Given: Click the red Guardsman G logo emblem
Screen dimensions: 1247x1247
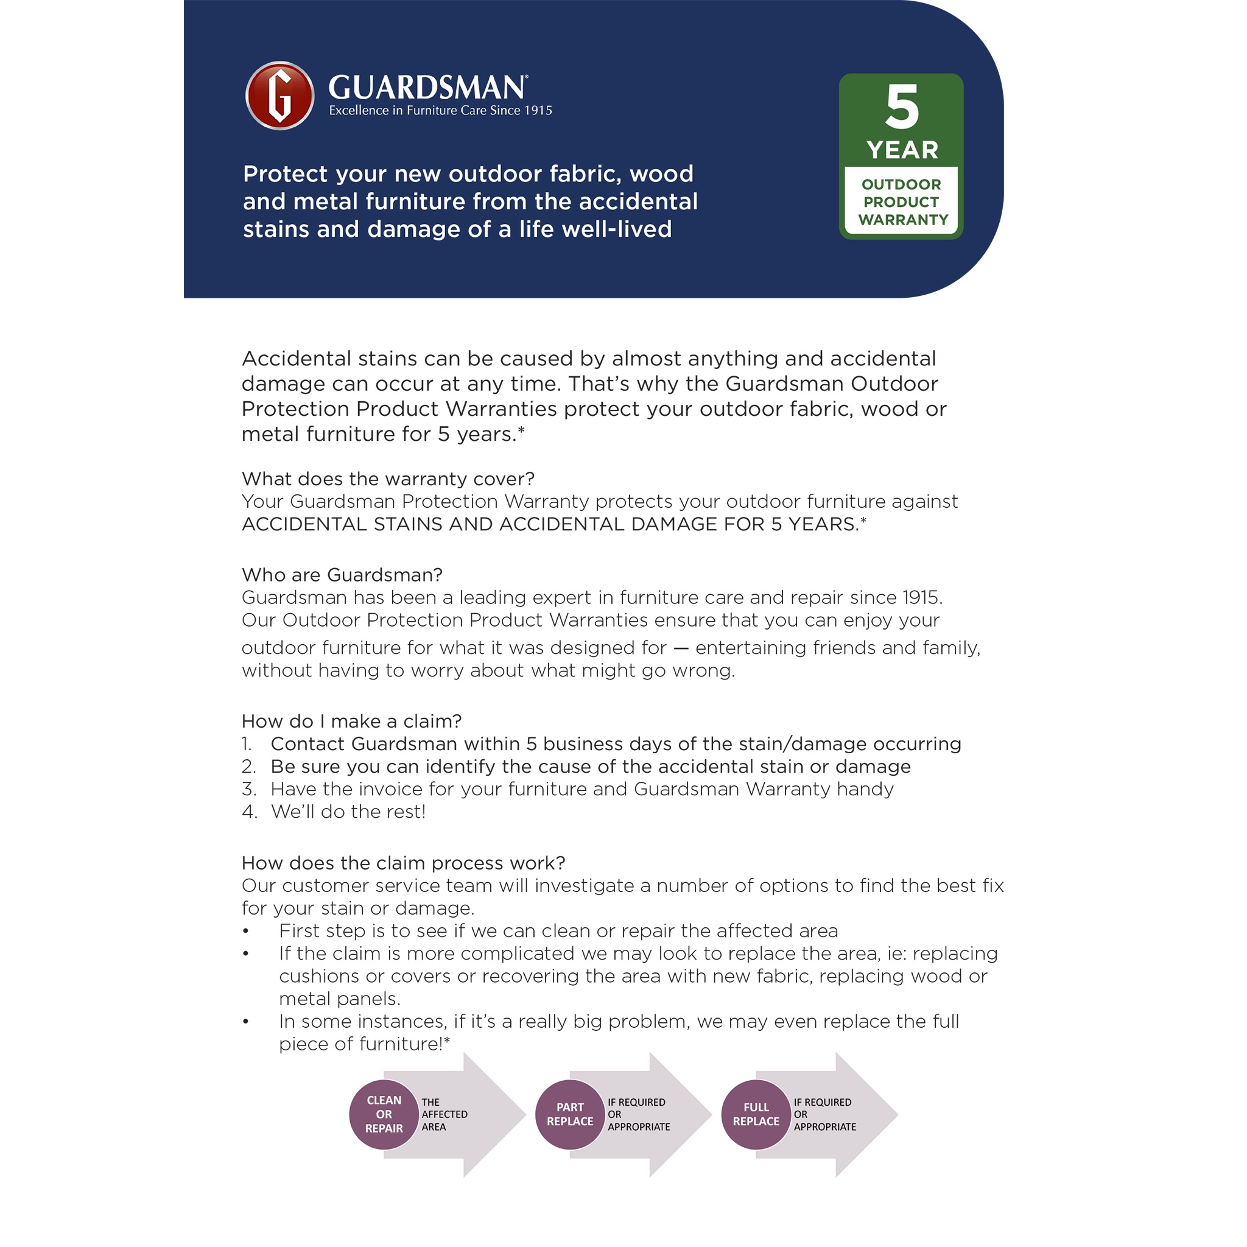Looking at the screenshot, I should [x=279, y=96].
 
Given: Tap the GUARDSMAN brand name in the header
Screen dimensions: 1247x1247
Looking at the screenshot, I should [x=427, y=88].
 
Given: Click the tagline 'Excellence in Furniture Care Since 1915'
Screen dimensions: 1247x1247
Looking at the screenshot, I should [x=440, y=110].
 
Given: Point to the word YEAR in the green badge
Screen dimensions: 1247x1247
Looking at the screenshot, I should [x=902, y=150].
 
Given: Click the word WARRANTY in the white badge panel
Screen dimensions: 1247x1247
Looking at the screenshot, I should [x=903, y=219].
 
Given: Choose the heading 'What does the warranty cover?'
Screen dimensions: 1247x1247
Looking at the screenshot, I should [x=388, y=479].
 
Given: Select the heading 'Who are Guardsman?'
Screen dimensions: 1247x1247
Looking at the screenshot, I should [x=342, y=574].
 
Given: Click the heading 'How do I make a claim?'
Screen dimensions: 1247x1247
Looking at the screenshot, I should [x=352, y=721].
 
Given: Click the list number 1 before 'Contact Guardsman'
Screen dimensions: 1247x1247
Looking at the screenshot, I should [x=247, y=744].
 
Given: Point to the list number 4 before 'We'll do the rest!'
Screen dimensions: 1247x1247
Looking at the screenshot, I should [x=249, y=812].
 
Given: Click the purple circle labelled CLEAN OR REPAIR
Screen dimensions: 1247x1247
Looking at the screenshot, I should [x=384, y=1115].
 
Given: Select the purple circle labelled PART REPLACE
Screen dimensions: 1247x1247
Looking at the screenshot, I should [x=570, y=1115].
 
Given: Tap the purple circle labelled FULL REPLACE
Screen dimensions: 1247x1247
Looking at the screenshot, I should [x=756, y=1115].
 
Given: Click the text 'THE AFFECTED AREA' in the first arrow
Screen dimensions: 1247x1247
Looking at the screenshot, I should [x=444, y=1115].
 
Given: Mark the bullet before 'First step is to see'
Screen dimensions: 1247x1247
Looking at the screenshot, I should [x=246, y=932].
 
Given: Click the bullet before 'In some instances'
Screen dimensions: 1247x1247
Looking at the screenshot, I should [x=246, y=1022].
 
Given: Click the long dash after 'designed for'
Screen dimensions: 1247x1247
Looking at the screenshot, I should [x=681, y=648].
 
